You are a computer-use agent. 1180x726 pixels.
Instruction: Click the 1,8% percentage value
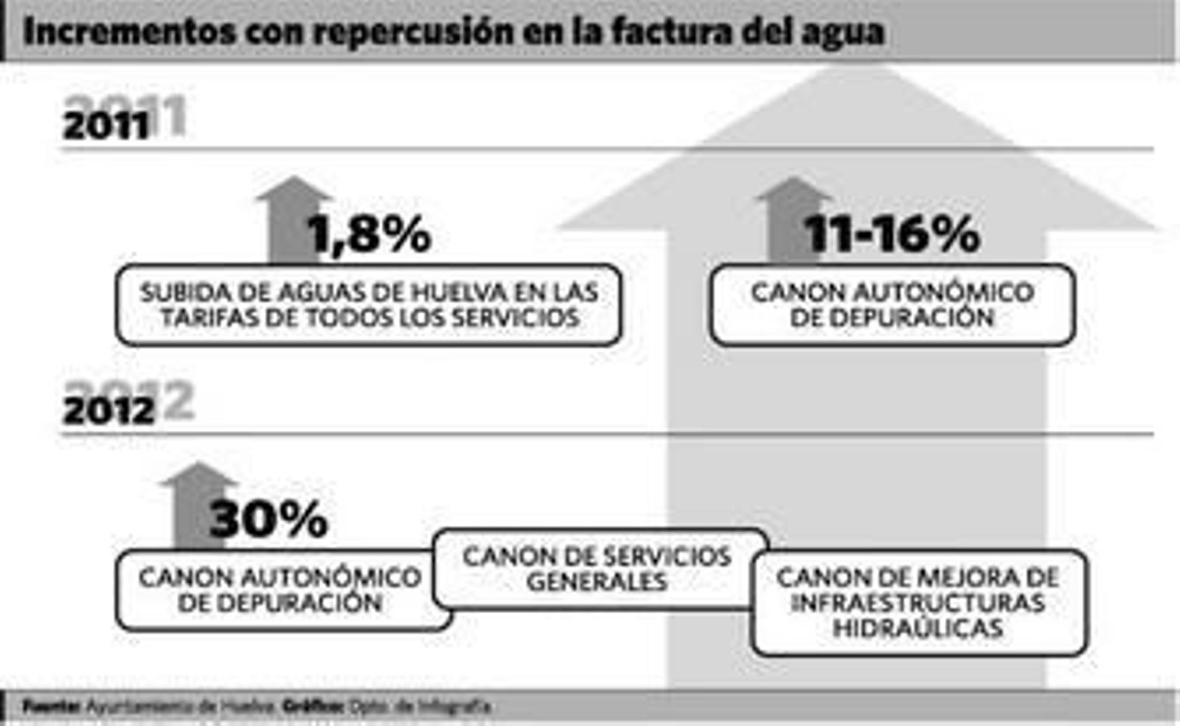click(369, 235)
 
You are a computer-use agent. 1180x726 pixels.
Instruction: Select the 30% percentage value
click(268, 519)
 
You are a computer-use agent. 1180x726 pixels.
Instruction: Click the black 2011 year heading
click(106, 126)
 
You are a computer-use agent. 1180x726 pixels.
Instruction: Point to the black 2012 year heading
click(109, 411)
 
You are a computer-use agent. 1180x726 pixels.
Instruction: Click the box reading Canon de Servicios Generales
click(599, 568)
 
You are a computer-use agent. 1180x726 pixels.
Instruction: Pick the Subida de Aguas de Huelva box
click(369, 305)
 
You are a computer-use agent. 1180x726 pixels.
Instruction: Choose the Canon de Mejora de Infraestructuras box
click(919, 602)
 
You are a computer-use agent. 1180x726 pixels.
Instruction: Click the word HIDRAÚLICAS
click(918, 628)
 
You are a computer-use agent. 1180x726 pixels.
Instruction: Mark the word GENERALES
click(597, 581)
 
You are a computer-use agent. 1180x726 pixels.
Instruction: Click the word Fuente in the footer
click(51, 707)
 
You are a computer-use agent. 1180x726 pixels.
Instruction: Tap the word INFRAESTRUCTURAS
click(918, 603)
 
